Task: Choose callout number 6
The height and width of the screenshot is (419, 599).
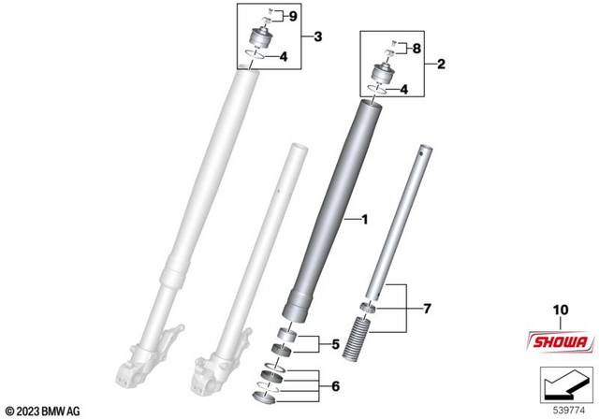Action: pyautogui.click(x=335, y=385)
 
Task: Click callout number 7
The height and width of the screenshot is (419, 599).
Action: pyautogui.click(x=428, y=307)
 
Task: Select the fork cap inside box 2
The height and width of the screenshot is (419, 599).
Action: pyautogui.click(x=384, y=70)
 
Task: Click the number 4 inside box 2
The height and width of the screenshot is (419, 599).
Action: pyautogui.click(x=404, y=90)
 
